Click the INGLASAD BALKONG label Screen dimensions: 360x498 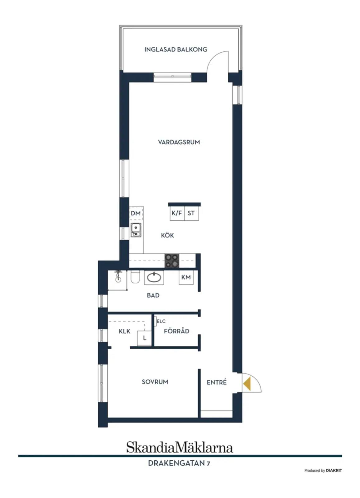click(175, 49)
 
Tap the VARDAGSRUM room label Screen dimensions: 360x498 click(179, 142)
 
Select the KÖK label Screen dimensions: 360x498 click(167, 235)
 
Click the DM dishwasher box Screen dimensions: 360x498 click(136, 214)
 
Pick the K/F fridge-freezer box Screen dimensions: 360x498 click(177, 214)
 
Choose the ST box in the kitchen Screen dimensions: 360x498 click(192, 214)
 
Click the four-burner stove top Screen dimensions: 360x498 click(172, 261)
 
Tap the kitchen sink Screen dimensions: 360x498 click(136, 230)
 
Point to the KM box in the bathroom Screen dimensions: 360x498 click(186, 277)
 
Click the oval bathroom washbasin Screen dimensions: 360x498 click(154, 277)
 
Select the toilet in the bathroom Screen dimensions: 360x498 click(135, 277)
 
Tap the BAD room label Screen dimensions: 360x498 click(153, 295)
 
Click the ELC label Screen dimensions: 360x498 click(161, 321)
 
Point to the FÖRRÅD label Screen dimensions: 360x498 click(177, 331)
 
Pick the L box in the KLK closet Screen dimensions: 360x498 click(144, 338)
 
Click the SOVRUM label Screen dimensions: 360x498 click(155, 382)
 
